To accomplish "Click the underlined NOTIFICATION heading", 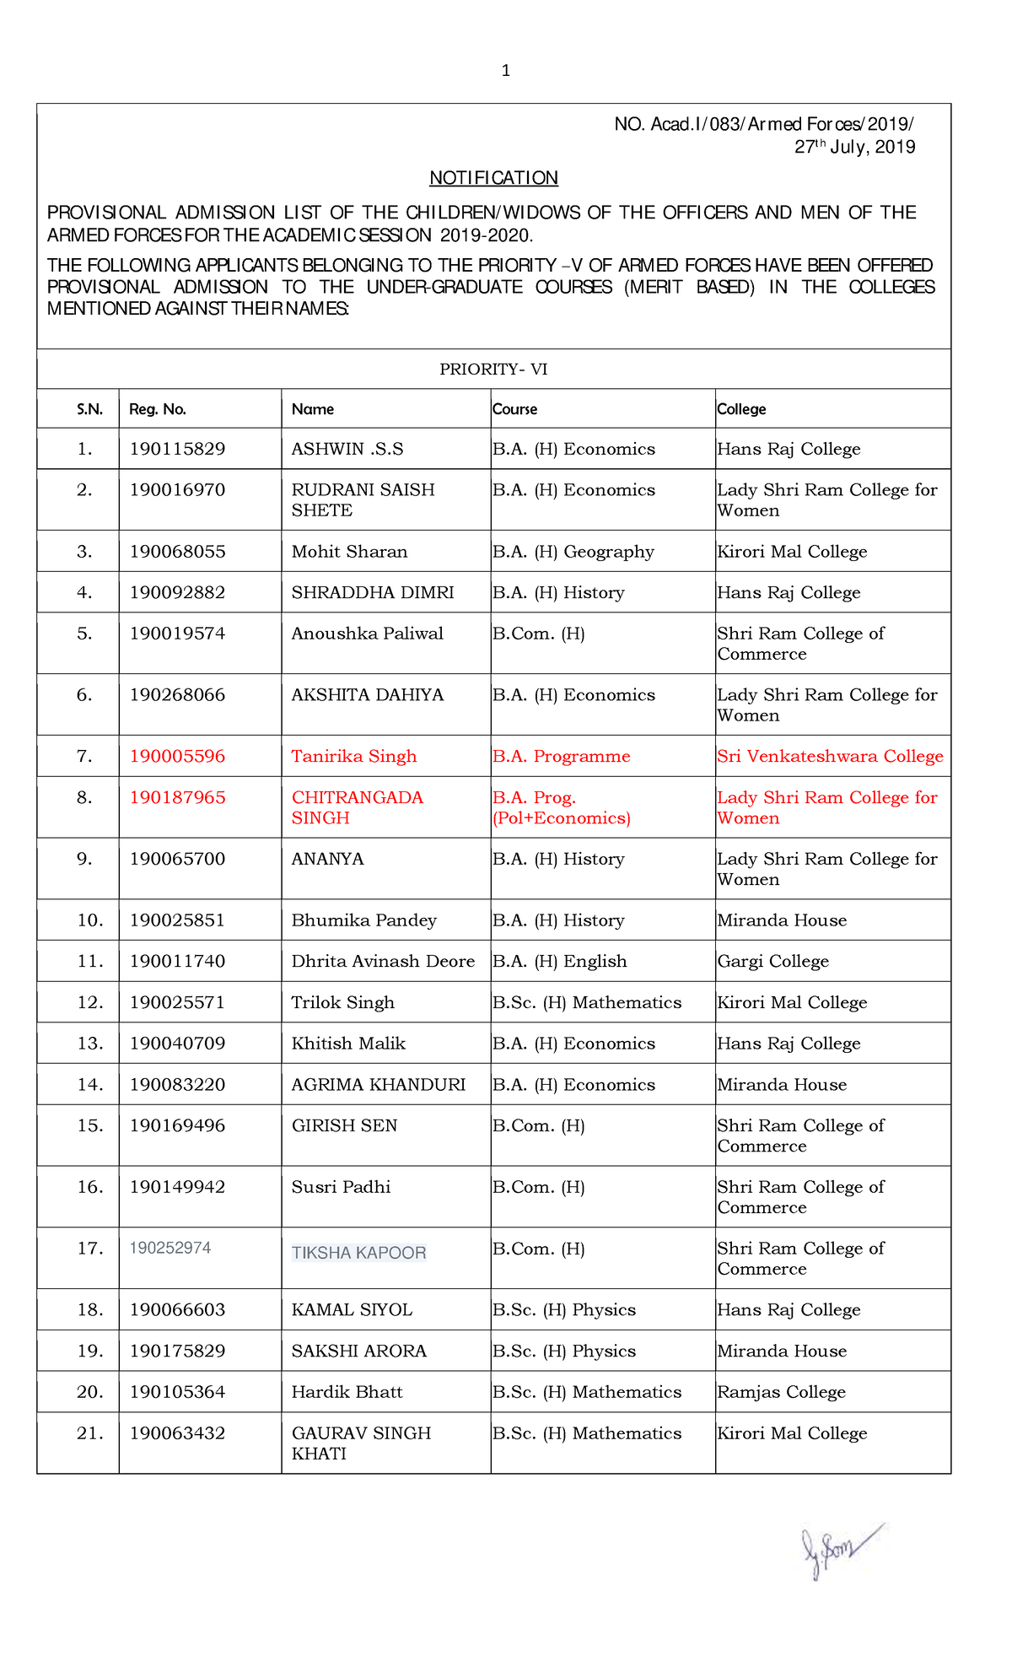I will [493, 178].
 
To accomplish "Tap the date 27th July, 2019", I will [854, 148].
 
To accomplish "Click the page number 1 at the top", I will [505, 71].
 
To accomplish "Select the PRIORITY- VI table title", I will [493, 370].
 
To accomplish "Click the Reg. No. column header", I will [158, 410].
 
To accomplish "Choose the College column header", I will [741, 410].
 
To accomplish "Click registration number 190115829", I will [177, 449].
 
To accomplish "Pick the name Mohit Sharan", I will [349, 552].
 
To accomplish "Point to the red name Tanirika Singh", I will [354, 757].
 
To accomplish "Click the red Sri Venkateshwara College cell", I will [830, 757].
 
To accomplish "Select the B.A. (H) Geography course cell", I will [573, 552].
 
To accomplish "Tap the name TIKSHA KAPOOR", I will [358, 1254].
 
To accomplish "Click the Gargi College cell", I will [772, 962].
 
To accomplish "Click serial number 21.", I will [89, 1433].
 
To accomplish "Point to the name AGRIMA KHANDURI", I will [378, 1085].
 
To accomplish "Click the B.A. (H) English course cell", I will [560, 962].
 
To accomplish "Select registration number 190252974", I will [170, 1249].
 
